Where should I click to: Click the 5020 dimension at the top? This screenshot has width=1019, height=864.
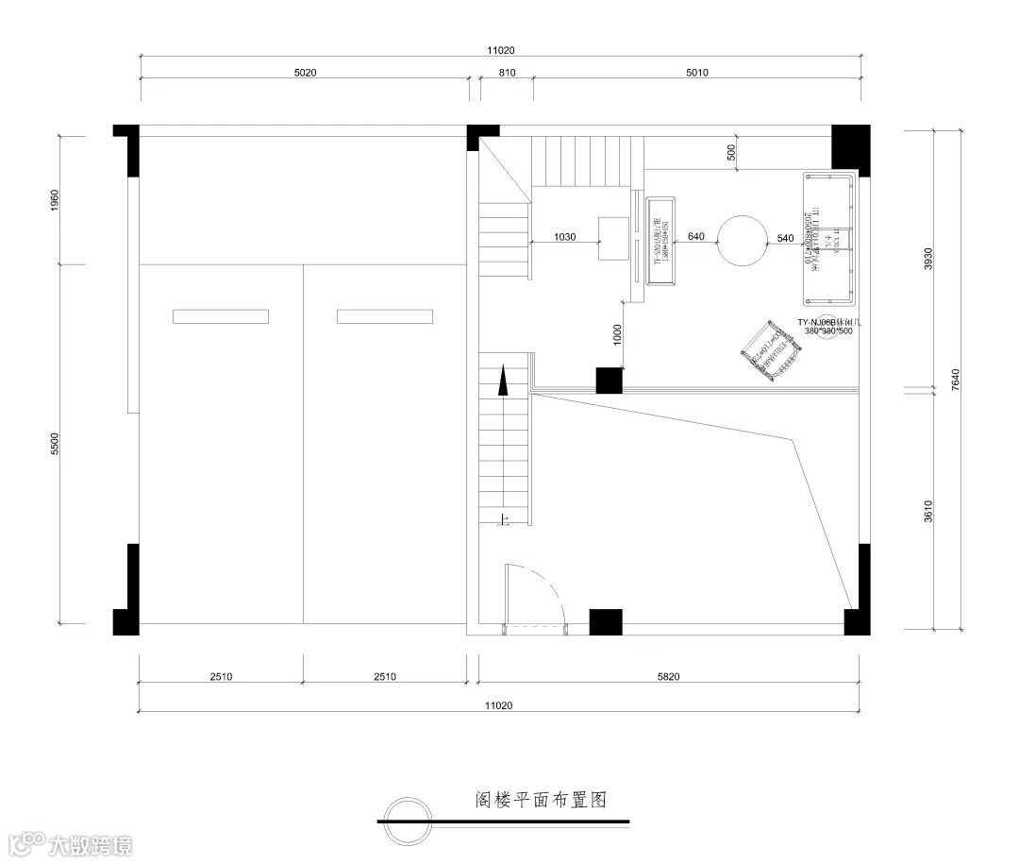pyautogui.click(x=304, y=73)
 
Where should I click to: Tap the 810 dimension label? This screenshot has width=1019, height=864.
pyautogui.click(x=507, y=73)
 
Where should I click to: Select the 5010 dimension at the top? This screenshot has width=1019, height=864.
pyautogui.click(x=696, y=73)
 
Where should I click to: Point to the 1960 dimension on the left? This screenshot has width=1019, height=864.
pyautogui.click(x=54, y=199)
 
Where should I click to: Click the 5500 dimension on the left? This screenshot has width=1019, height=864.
pyautogui.click(x=54, y=445)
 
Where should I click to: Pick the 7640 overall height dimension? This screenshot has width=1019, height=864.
pyautogui.click(x=955, y=379)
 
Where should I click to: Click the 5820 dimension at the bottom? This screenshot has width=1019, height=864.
pyautogui.click(x=668, y=676)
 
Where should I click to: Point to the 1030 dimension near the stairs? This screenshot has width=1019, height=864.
pyautogui.click(x=564, y=236)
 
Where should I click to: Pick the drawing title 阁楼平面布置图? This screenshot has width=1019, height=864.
pyautogui.click(x=539, y=800)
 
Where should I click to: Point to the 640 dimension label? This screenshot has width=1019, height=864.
pyautogui.click(x=695, y=236)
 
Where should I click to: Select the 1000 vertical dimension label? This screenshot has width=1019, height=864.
pyautogui.click(x=617, y=334)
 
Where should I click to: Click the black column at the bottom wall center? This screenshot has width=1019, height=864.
pyautogui.click(x=606, y=623)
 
